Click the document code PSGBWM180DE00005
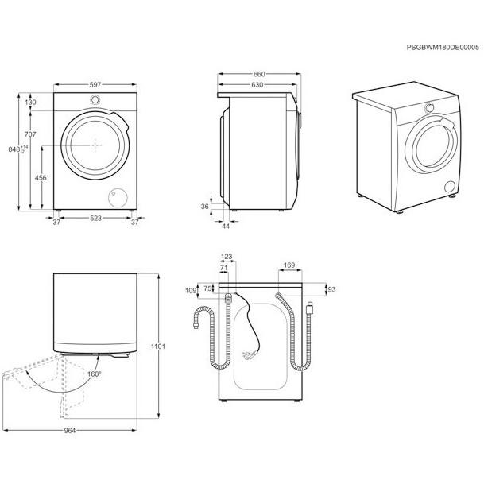(443, 47)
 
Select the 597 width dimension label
(95, 84)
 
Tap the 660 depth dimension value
(259, 74)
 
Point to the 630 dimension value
(257, 84)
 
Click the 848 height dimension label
(14, 149)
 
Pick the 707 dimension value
(30, 134)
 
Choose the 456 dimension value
(41, 178)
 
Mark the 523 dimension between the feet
(95, 219)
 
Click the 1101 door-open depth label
(158, 347)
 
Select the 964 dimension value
(70, 430)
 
